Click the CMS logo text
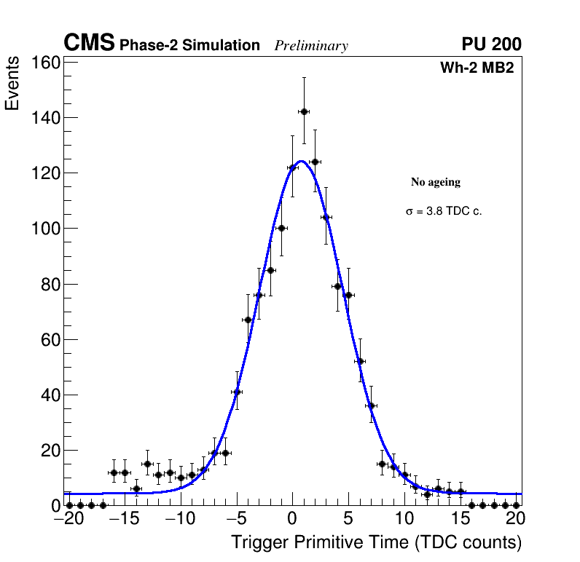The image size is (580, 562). click(89, 44)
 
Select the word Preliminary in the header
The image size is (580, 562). click(311, 46)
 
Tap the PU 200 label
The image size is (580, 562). click(491, 44)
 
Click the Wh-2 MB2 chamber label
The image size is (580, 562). click(477, 68)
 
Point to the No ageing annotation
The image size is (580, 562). click(436, 182)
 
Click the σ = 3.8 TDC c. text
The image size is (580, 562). click(444, 211)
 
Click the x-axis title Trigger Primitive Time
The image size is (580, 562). click(376, 542)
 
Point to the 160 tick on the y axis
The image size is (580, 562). click(45, 62)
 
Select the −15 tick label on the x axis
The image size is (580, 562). click(119, 519)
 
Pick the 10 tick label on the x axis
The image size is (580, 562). click(404, 519)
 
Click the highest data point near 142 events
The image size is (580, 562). click(304, 111)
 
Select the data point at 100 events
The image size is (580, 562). click(281, 228)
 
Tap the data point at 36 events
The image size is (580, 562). click(371, 405)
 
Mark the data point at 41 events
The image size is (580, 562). click(237, 392)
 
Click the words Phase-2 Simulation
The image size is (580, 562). click(189, 45)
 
